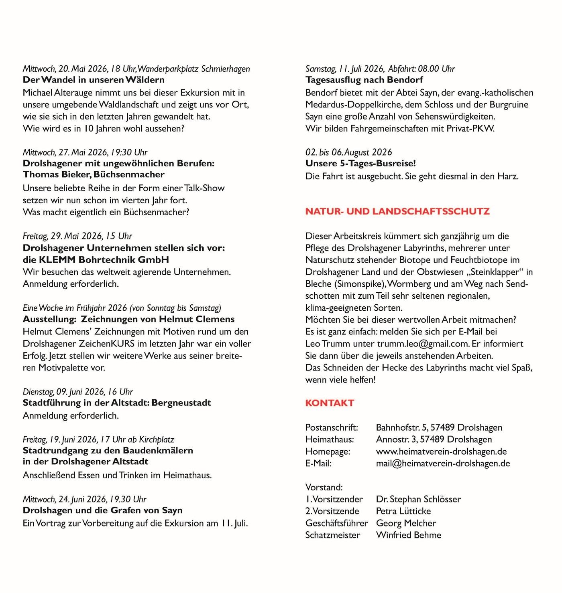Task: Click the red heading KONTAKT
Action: [x=330, y=403]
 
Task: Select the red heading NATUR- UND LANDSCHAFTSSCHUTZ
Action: [x=397, y=211]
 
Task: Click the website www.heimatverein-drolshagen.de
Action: [x=441, y=451]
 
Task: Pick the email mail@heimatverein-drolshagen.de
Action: [x=443, y=463]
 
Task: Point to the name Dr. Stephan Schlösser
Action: [x=418, y=499]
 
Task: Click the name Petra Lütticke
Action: [x=403, y=511]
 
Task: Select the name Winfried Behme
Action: [x=408, y=535]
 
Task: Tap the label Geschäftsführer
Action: [x=336, y=523]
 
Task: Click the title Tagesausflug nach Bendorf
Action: [x=364, y=80]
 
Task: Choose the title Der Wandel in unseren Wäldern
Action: [x=94, y=80]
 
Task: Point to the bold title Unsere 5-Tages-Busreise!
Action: [x=360, y=164]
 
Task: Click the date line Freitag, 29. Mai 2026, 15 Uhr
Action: [x=77, y=236]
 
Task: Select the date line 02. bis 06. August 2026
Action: [x=348, y=152]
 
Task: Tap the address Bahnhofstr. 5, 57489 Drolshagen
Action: [x=439, y=427]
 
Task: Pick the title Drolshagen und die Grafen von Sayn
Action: [x=102, y=510]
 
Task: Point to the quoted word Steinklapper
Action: [x=495, y=272]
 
